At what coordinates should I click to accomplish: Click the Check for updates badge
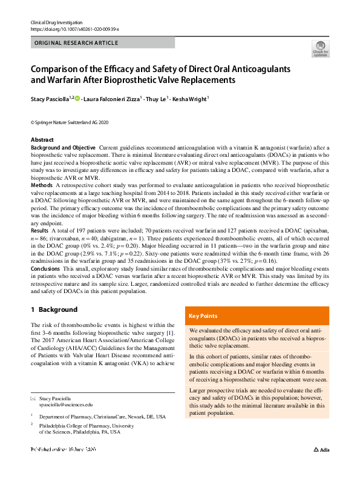point(321,49)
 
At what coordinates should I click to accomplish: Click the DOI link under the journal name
point(74,29)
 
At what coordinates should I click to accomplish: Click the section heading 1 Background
point(54,309)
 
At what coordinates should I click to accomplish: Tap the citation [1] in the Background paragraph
point(171,332)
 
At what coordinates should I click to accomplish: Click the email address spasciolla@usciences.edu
point(66,404)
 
